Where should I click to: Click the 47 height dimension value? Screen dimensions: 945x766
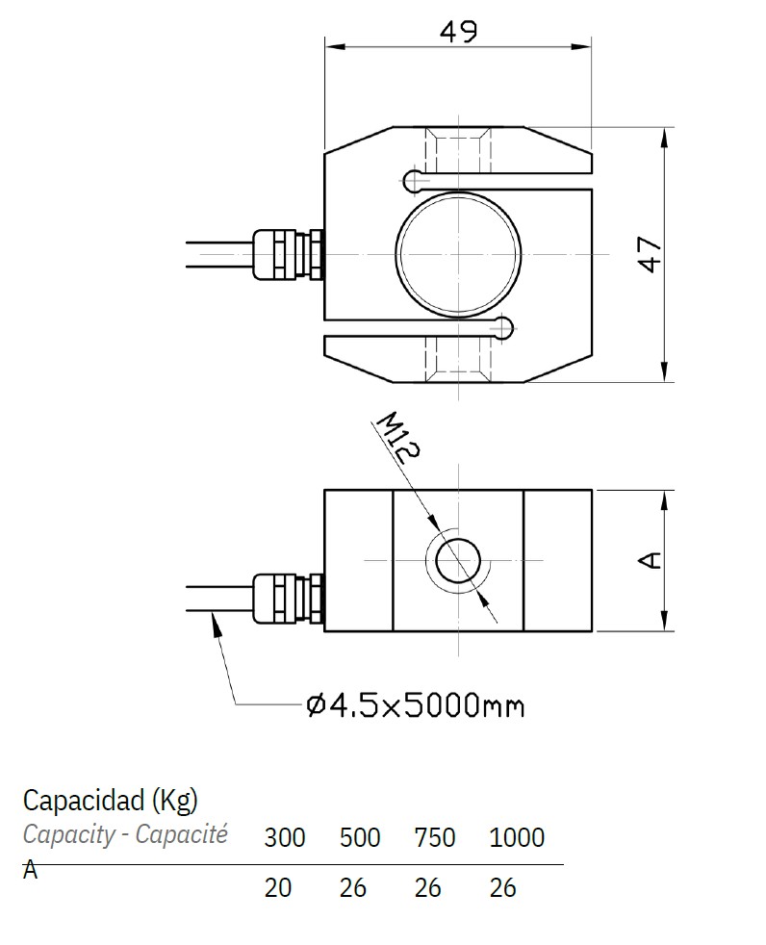click(x=651, y=254)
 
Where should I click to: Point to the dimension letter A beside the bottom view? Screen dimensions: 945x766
click(x=651, y=560)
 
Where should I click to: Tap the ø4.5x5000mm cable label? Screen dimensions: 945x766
click(x=415, y=706)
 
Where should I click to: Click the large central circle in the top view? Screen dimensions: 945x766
click(x=457, y=254)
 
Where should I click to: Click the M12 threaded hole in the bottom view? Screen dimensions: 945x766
click(x=458, y=560)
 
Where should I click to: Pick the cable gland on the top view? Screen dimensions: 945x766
click(x=286, y=254)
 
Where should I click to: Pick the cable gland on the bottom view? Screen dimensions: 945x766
click(x=286, y=598)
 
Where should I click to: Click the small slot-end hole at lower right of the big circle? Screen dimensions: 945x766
click(x=501, y=329)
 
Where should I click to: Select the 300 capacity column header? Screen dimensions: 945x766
click(x=284, y=837)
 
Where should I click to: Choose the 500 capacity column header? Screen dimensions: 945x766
click(x=360, y=837)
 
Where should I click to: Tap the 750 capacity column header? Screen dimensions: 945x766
click(x=434, y=837)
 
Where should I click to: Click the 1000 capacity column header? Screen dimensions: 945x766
click(x=517, y=837)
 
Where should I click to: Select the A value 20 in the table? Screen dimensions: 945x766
click(x=277, y=887)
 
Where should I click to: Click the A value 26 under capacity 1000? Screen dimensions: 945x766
click(x=503, y=887)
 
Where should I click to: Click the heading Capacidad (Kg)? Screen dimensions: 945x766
click(x=110, y=800)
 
